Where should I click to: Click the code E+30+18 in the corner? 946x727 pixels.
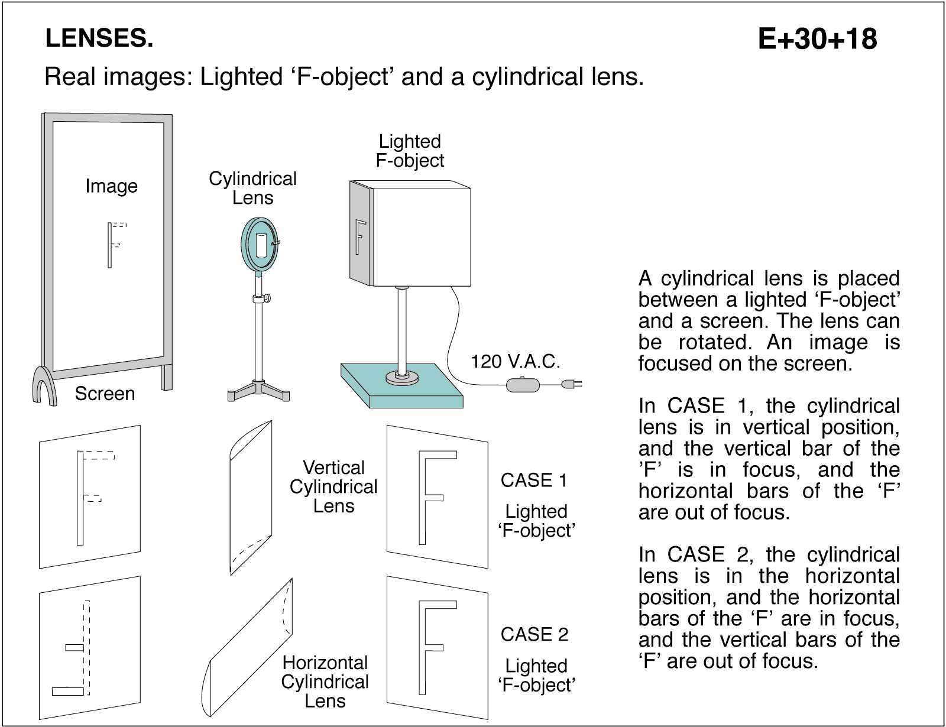tap(817, 39)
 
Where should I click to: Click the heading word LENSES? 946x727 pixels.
tap(99, 39)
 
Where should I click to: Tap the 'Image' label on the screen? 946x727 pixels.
tap(111, 186)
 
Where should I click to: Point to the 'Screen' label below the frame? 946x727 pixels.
tap(105, 394)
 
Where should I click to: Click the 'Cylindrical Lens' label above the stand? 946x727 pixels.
tap(252, 188)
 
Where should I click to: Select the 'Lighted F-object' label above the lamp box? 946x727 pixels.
tap(410, 151)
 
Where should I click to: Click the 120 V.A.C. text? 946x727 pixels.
tap(515, 361)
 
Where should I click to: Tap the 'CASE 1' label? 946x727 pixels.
tap(534, 481)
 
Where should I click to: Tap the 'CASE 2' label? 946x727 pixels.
tap(534, 634)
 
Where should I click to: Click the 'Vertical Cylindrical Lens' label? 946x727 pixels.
tap(333, 487)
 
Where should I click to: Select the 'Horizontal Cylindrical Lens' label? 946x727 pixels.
tap(325, 681)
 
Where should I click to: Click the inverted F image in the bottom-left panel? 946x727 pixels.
tap(74, 650)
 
